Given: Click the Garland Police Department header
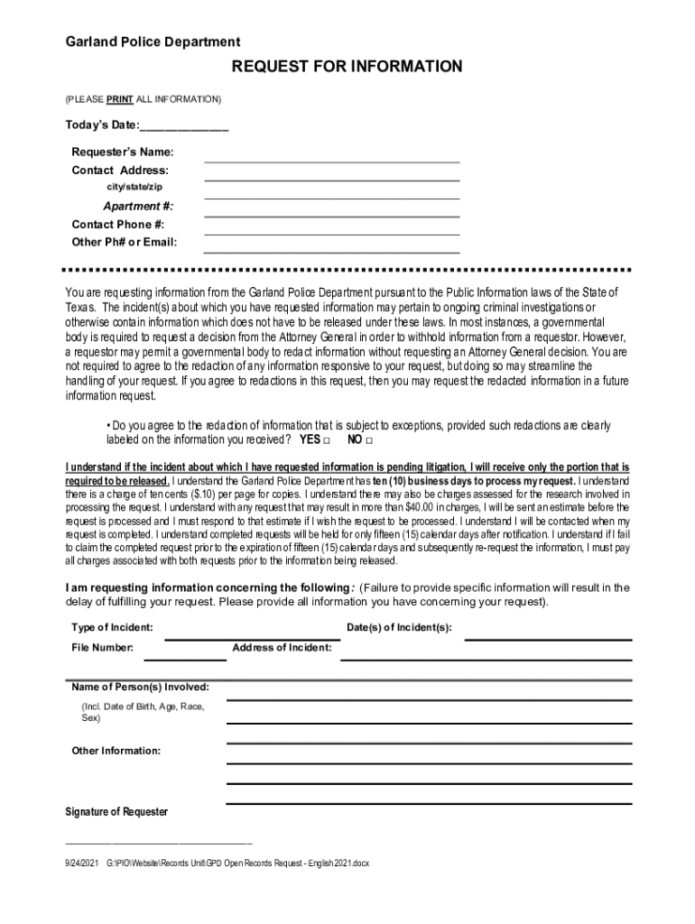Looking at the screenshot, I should coord(153,42).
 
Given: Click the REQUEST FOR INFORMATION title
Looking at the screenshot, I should coord(347,67).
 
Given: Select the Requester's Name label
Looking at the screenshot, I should coord(123,152).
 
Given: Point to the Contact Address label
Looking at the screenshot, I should coord(120,170).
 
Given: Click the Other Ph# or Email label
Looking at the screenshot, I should coord(125,242).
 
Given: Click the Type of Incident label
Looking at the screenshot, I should coord(112,627).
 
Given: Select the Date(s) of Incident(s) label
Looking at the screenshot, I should coord(399,627).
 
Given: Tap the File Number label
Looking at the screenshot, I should coord(102,647).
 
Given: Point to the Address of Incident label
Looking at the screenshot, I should coord(282,647).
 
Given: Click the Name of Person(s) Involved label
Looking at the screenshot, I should coord(140,687).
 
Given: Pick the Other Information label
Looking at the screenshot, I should coord(116,751).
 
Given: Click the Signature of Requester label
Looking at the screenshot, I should coord(116,812).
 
